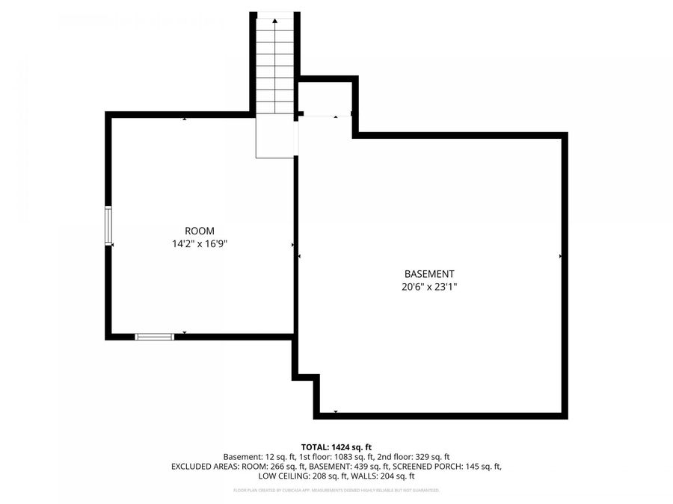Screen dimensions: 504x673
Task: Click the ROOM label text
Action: coord(200,231)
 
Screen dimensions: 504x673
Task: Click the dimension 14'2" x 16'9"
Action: coord(200,243)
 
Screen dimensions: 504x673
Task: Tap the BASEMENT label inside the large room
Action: coord(429,274)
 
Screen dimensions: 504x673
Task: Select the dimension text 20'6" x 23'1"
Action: coord(429,287)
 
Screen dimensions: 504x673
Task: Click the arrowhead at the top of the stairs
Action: coord(274,22)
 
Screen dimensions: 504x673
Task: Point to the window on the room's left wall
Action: coord(109,225)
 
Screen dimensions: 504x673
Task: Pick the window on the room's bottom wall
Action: coord(155,337)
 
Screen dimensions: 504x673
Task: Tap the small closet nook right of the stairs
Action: coord(325,97)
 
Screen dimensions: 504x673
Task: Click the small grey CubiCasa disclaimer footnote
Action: coord(336,491)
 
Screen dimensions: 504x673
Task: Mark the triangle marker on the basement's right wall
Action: coord(560,256)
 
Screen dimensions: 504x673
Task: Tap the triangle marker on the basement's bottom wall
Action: coord(336,411)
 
